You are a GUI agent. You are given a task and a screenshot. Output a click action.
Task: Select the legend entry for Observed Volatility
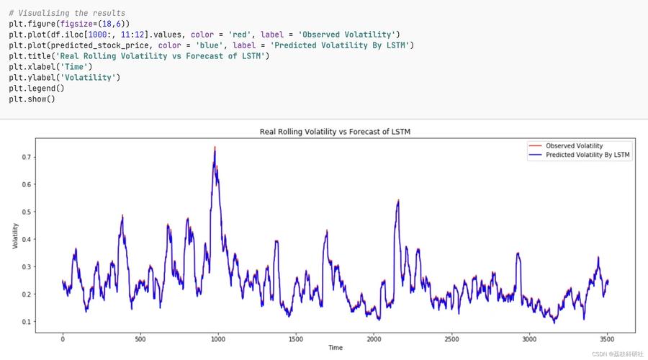[x=574, y=145]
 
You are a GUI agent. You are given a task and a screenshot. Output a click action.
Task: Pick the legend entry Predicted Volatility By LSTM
[x=588, y=155]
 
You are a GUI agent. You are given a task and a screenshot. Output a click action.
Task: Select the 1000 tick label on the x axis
[x=218, y=338]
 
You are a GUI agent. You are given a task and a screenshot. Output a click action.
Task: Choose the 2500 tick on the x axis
[x=451, y=338]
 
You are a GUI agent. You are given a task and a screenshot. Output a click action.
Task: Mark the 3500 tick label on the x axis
[x=607, y=338]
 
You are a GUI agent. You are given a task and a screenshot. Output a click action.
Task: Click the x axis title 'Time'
[x=335, y=348]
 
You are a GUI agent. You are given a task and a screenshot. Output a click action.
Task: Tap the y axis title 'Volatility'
[x=15, y=236]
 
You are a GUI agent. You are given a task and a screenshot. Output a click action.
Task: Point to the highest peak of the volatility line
[x=215, y=148]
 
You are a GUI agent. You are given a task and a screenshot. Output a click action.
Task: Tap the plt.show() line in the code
[x=32, y=99]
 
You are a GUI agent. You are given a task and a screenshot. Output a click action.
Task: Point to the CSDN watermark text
[x=617, y=354]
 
